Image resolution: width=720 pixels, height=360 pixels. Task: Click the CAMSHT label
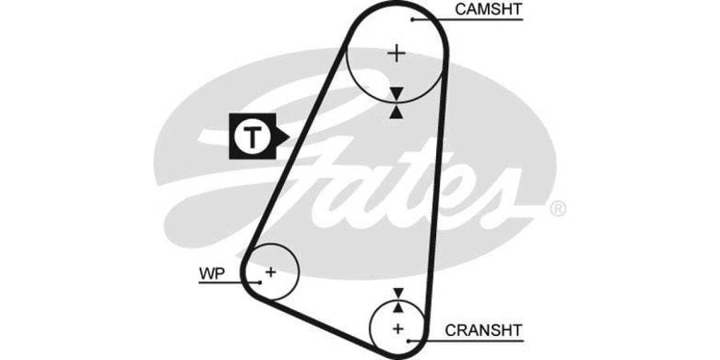(488, 9)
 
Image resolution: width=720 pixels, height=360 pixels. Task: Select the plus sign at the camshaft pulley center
(397, 54)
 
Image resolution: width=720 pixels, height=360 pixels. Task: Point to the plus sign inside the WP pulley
(270, 272)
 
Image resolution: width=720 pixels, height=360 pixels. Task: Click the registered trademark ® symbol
(558, 210)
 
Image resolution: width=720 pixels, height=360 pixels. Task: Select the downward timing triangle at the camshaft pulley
(397, 94)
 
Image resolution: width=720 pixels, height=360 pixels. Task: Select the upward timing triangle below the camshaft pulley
(397, 112)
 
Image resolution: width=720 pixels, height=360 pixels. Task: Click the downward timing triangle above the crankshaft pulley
(398, 294)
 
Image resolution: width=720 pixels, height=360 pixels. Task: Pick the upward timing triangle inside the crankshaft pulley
(398, 307)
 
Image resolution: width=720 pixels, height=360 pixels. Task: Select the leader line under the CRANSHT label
(480, 340)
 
